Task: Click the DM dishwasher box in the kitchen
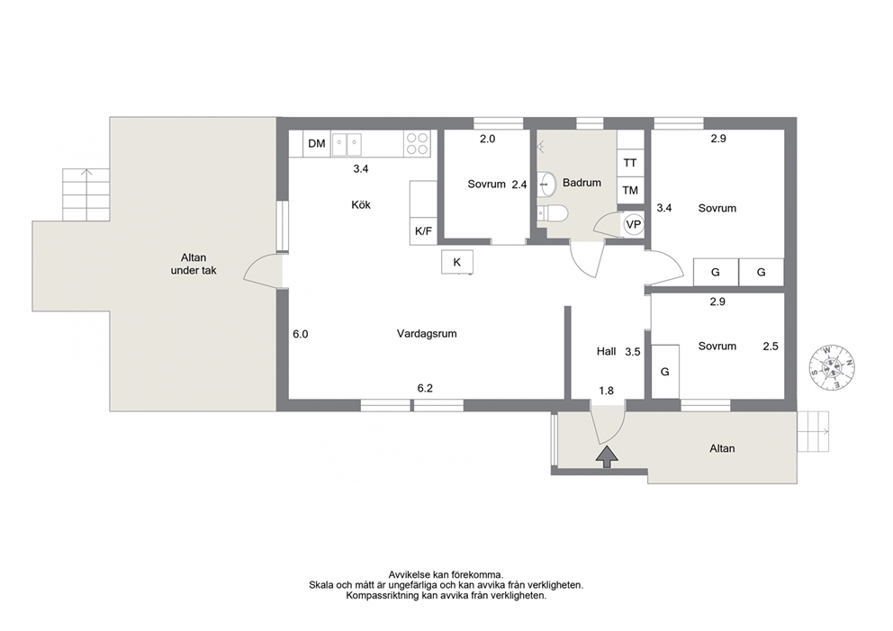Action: click(317, 143)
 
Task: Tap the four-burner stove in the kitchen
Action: click(416, 143)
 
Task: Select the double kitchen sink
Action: click(347, 143)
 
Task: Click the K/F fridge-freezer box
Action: click(423, 231)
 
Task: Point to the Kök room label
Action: click(361, 205)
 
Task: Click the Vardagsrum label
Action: click(427, 334)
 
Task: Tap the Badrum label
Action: click(582, 183)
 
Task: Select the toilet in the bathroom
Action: click(553, 213)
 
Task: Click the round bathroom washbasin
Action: click(547, 183)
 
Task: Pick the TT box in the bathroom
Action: click(630, 163)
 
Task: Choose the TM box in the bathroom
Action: click(630, 190)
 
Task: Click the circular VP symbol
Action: click(634, 224)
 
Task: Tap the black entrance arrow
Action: click(607, 456)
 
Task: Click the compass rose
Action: click(832, 368)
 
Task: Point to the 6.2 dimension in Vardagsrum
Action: click(425, 388)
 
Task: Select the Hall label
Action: click(606, 351)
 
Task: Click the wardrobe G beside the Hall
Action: click(665, 372)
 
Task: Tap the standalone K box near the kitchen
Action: click(456, 262)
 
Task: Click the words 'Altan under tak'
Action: click(194, 265)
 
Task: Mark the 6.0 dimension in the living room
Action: click(300, 334)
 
